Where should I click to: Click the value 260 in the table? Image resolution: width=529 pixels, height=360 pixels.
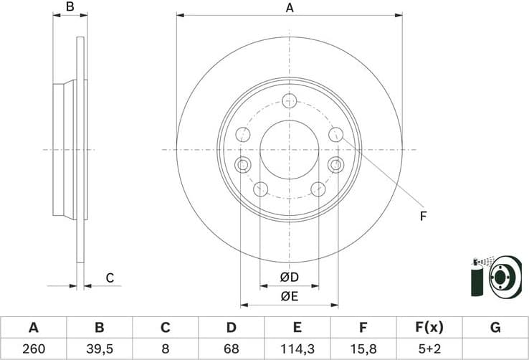pyautogui.click(x=33, y=349)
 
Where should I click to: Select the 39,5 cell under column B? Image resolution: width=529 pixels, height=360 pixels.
pyautogui.click(x=100, y=349)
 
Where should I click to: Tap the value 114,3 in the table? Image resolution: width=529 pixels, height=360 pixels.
pyautogui.click(x=297, y=349)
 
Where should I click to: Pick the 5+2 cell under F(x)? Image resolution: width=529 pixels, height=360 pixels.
pyautogui.click(x=429, y=349)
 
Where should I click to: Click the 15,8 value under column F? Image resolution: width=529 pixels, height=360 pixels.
pyautogui.click(x=363, y=349)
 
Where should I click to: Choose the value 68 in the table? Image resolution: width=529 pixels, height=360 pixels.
pyautogui.click(x=231, y=349)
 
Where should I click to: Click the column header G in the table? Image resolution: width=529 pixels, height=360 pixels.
pyautogui.click(x=495, y=328)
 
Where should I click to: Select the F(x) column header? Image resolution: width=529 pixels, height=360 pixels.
pyautogui.click(x=429, y=328)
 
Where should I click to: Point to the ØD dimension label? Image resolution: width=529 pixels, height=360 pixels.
pyautogui.click(x=289, y=278)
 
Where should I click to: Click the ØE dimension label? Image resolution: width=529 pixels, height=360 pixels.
pyautogui.click(x=289, y=294)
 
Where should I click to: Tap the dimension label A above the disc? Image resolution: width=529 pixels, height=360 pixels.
pyautogui.click(x=290, y=8)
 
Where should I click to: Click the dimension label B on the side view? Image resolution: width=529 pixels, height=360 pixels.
pyautogui.click(x=70, y=8)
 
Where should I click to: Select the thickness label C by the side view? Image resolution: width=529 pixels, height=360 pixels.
pyautogui.click(x=110, y=278)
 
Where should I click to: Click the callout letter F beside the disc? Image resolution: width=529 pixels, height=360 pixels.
pyautogui.click(x=423, y=215)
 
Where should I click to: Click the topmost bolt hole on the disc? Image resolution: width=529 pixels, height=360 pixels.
pyautogui.click(x=290, y=100)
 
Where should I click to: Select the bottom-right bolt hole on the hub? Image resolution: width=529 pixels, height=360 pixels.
pyautogui.click(x=318, y=189)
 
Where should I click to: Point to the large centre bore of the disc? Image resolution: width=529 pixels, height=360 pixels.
pyautogui.click(x=289, y=149)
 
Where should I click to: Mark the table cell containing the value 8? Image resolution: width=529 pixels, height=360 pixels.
pyautogui.click(x=165, y=349)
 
